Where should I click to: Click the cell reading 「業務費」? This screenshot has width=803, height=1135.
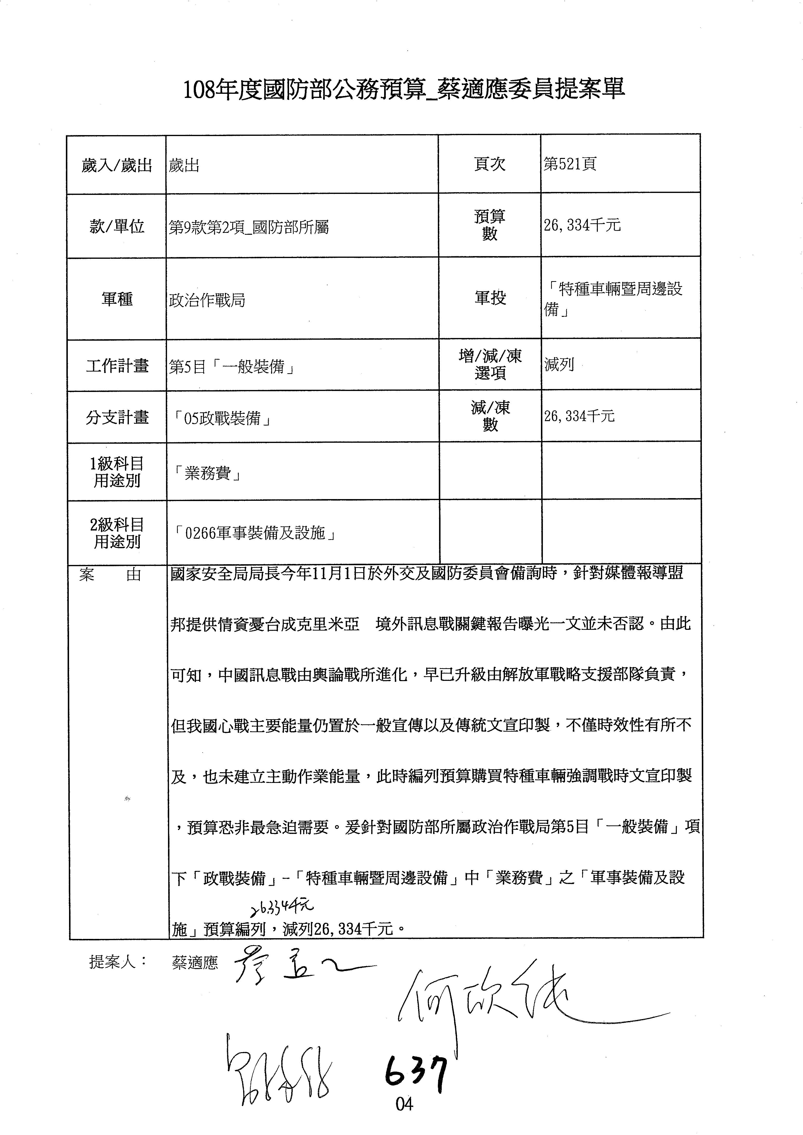coord(208,474)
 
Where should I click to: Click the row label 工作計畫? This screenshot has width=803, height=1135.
coord(117,366)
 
